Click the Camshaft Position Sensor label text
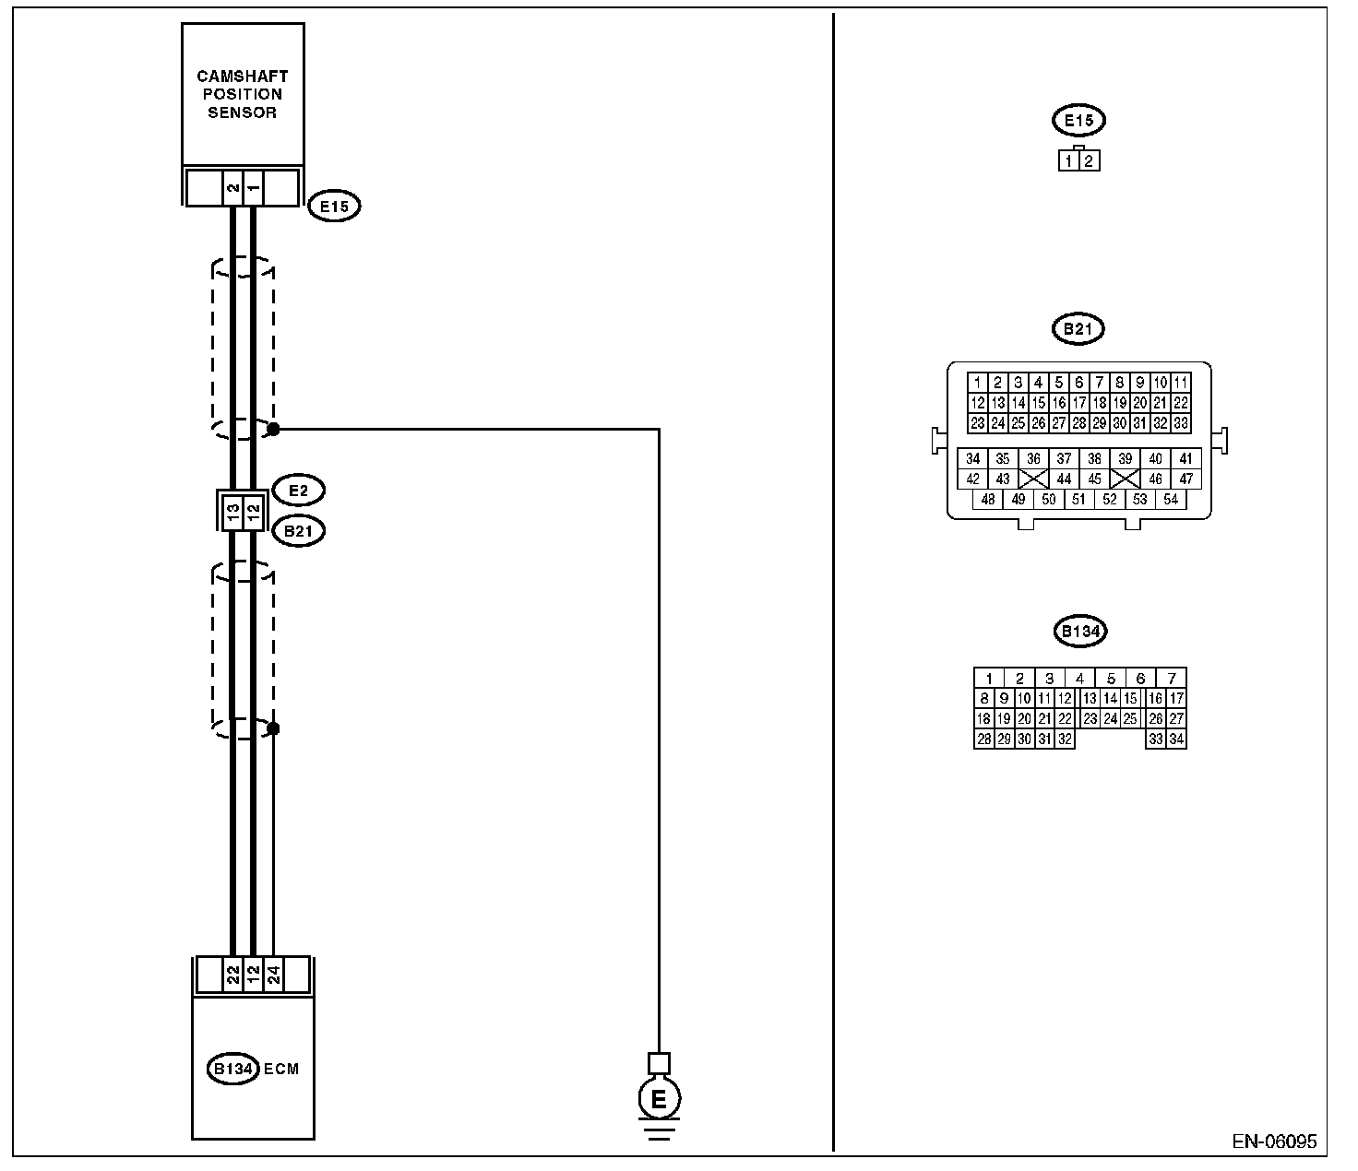click(x=242, y=94)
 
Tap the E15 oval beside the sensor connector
click(x=334, y=206)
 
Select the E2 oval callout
click(x=298, y=491)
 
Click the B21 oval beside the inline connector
click(x=298, y=531)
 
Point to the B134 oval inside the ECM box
click(x=232, y=1069)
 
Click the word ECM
click(x=281, y=1070)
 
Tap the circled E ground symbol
click(x=659, y=1099)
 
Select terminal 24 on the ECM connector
click(x=273, y=976)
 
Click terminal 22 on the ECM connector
click(x=233, y=976)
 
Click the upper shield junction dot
click(x=273, y=429)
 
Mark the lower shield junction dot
click(x=273, y=728)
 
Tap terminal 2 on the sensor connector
click(x=233, y=188)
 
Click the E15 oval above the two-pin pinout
click(x=1078, y=120)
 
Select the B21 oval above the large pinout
click(x=1078, y=329)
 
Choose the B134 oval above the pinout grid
click(x=1078, y=632)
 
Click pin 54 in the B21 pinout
click(x=1171, y=499)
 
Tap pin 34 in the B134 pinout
click(x=1176, y=739)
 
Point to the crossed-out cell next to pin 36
click(x=1033, y=479)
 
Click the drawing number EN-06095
click(x=1274, y=1141)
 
